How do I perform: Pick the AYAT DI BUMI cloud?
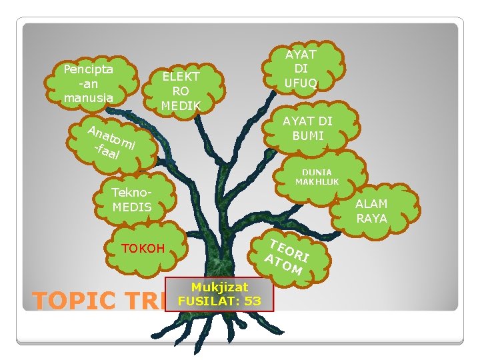coord(307,129)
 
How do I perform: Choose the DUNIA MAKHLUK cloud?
coord(317,177)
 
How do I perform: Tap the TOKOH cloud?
coord(143,249)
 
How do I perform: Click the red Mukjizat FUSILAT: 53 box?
coord(219,294)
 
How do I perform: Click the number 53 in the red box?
coord(253,301)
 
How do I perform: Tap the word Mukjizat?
coord(220,287)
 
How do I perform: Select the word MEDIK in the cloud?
coord(181,105)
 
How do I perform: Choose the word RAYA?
coord(371,219)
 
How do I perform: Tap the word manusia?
coord(88,98)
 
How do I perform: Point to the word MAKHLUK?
coord(317,181)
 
